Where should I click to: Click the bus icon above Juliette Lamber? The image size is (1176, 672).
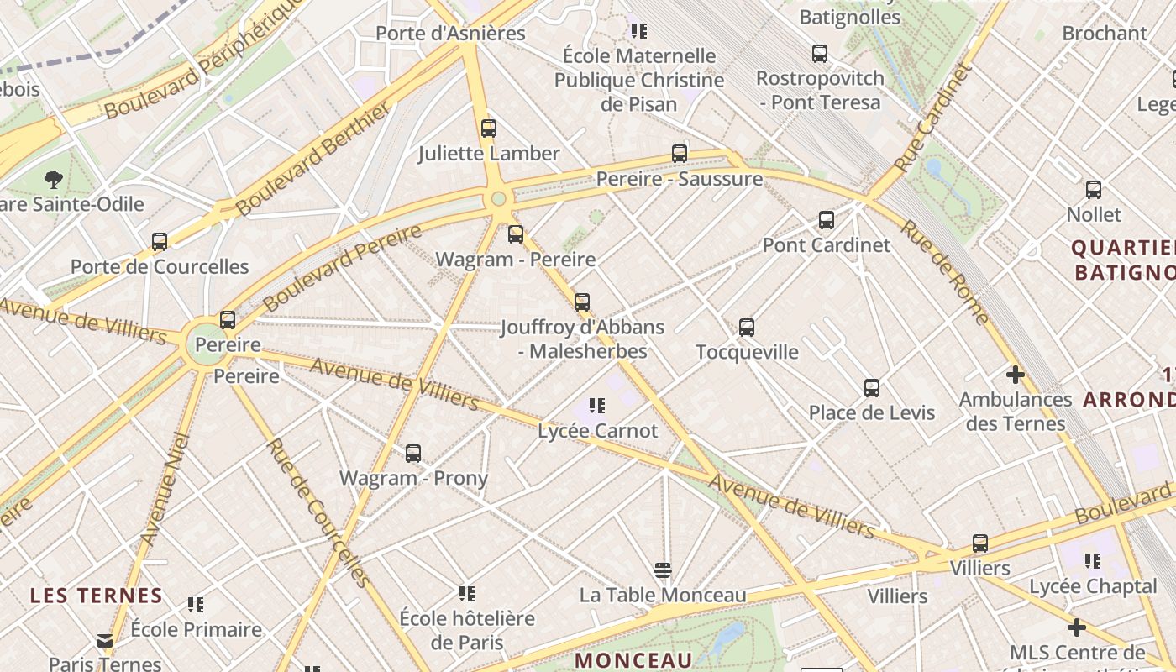click(x=489, y=129)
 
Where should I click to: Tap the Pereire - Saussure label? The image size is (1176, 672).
click(x=679, y=178)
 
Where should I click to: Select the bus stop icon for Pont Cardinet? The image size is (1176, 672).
click(x=827, y=220)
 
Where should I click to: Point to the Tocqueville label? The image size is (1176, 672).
click(x=747, y=351)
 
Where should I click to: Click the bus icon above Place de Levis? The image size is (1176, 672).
click(x=872, y=388)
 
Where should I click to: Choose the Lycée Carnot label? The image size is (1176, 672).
click(x=597, y=431)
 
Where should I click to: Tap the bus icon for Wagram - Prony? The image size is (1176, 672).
click(x=413, y=454)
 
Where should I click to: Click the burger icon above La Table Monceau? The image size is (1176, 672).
click(x=663, y=571)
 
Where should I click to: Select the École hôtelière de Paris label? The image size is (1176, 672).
click(x=467, y=631)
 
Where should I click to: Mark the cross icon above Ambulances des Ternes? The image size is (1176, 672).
click(x=1016, y=375)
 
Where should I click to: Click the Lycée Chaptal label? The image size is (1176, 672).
click(x=1093, y=586)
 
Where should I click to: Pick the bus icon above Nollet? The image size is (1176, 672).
click(x=1094, y=190)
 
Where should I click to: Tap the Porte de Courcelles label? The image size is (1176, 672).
click(x=160, y=266)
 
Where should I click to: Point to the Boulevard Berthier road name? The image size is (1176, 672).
click(x=314, y=159)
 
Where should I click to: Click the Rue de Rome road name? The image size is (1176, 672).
click(x=946, y=272)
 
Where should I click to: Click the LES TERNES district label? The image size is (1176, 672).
click(x=97, y=596)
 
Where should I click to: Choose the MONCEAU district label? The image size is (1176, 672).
click(x=633, y=659)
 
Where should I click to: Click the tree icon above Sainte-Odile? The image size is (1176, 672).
click(x=55, y=179)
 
